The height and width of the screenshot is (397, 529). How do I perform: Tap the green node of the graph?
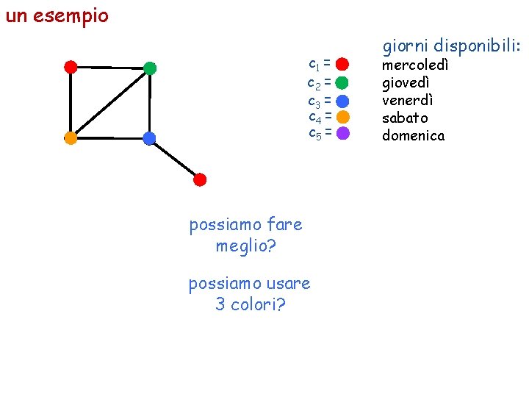[x=150, y=68]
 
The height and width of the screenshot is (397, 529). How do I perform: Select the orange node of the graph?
[x=71, y=137]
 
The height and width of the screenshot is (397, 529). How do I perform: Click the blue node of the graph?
[x=149, y=137]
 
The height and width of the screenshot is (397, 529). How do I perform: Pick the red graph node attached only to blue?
[x=200, y=179]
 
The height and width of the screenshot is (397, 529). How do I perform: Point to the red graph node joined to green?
[x=71, y=67]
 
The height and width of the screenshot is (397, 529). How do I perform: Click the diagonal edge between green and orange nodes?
[x=110, y=103]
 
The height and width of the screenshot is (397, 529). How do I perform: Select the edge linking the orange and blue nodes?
[x=110, y=137]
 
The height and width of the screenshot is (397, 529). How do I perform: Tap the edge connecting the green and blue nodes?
[x=150, y=103]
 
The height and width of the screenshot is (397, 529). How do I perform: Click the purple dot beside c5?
[x=342, y=134]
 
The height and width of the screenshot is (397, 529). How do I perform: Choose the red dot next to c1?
[x=342, y=63]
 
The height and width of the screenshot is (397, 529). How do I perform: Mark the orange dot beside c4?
[x=342, y=117]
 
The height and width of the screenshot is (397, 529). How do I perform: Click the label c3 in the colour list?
[x=313, y=100]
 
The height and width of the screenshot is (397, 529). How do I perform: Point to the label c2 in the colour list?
[x=313, y=82]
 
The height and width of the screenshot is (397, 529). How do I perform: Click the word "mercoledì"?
[x=415, y=65]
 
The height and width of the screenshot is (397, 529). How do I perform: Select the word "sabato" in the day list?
[x=405, y=118]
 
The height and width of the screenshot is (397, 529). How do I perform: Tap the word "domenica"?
[x=413, y=135]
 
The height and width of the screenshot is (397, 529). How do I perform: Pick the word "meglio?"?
[x=245, y=246]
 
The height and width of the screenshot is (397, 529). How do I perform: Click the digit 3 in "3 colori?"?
[x=220, y=304]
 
